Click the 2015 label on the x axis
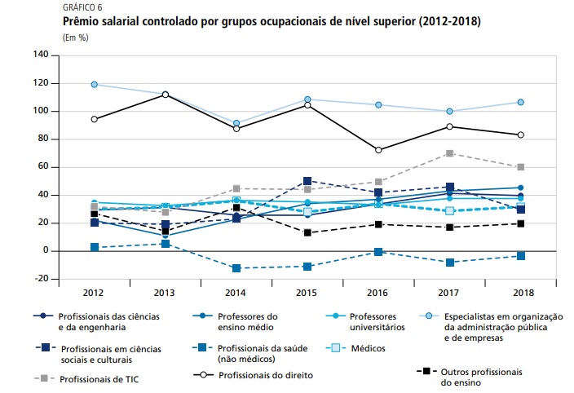click(x=307, y=291)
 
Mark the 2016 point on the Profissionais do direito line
click(x=378, y=150)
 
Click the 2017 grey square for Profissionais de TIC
click(x=449, y=153)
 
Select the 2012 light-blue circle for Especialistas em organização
click(x=95, y=85)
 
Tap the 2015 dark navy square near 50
click(x=307, y=181)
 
